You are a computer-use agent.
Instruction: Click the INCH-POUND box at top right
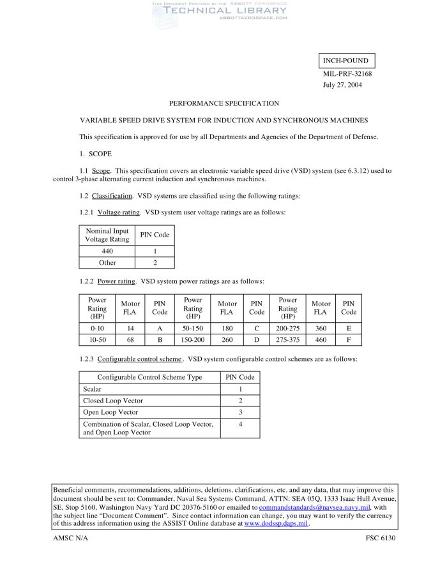tap(345, 61)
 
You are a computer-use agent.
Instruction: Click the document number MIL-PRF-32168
tap(347, 73)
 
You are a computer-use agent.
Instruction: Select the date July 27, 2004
tap(342, 85)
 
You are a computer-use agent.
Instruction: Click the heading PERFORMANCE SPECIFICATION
tap(223, 103)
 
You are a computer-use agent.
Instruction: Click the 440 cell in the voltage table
tap(107, 251)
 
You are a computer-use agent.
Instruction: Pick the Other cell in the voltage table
tap(107, 262)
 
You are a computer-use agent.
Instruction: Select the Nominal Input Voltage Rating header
tap(107, 235)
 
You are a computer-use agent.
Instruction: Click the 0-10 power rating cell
tap(97, 329)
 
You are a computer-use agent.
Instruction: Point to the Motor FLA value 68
tap(130, 340)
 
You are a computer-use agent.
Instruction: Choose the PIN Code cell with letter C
tap(257, 329)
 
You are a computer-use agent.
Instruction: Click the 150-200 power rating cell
tap(193, 340)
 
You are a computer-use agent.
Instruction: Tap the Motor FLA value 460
tap(321, 340)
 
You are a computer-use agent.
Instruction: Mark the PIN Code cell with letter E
tap(349, 329)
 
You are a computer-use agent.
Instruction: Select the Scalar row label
tap(93, 389)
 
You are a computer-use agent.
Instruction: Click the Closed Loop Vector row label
tap(113, 401)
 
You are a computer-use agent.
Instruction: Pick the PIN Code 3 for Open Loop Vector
tap(240, 412)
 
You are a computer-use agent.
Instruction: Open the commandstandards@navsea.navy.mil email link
tap(314, 507)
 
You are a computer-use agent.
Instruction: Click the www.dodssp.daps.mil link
tap(276, 523)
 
